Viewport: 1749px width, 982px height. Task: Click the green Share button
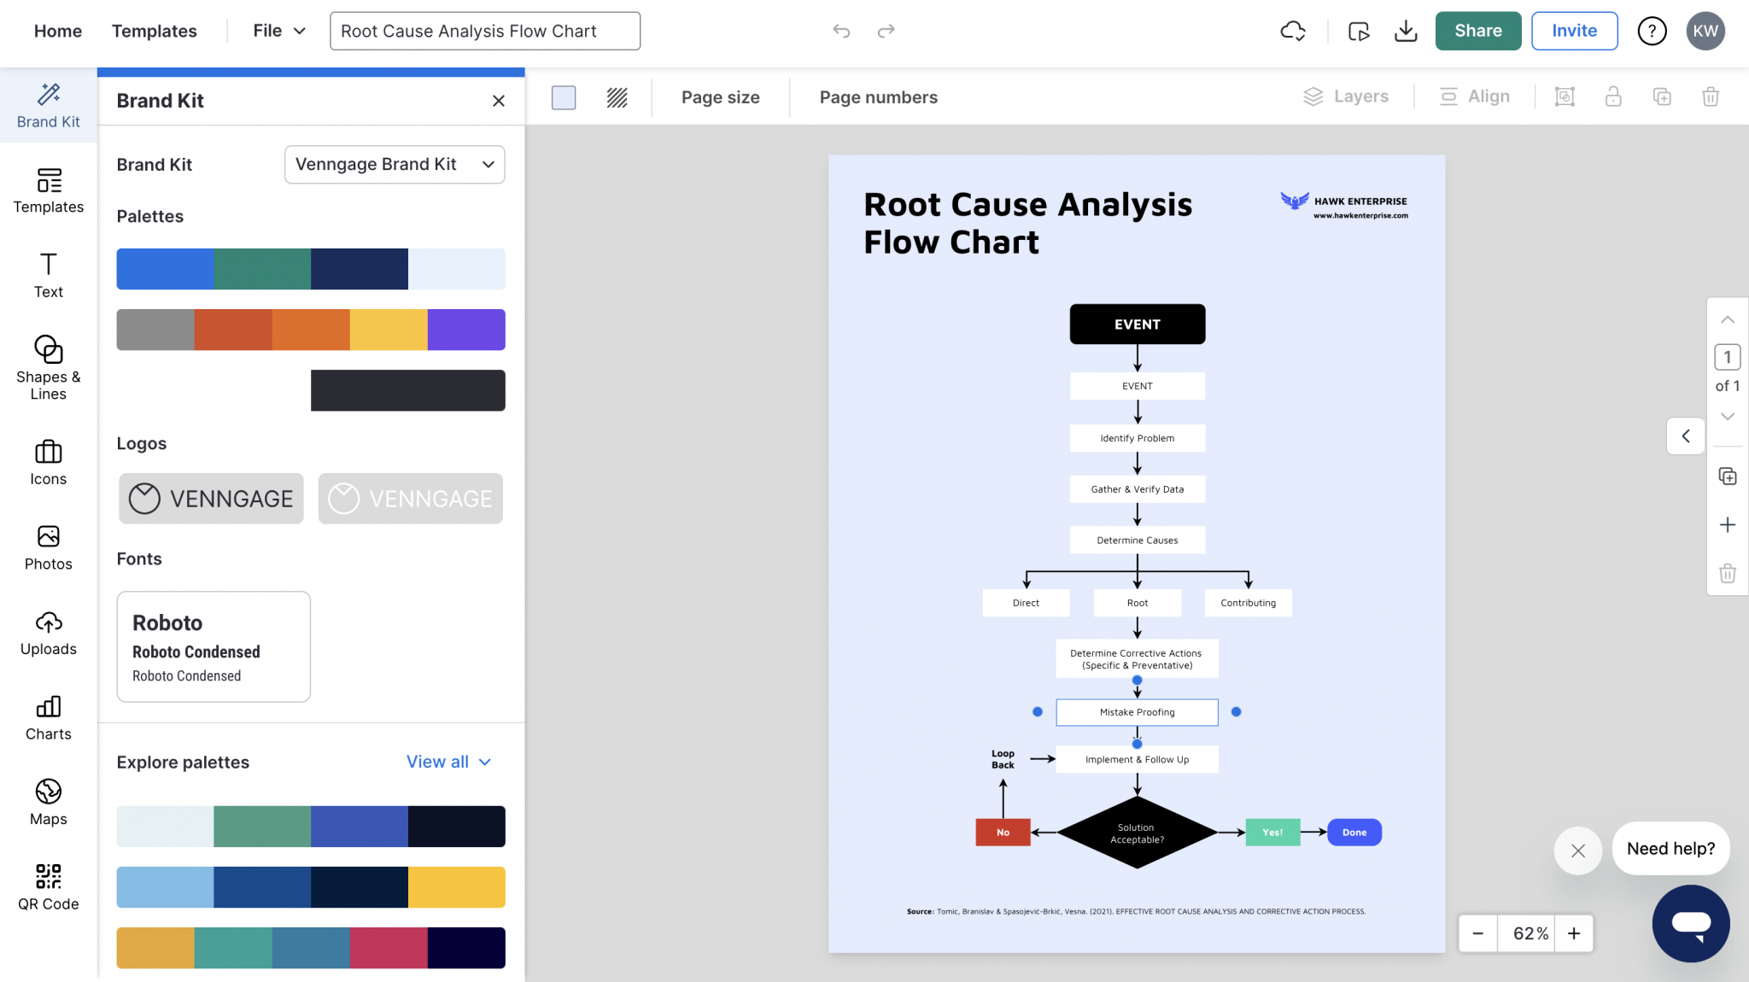(x=1477, y=31)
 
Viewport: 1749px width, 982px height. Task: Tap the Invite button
(x=1574, y=31)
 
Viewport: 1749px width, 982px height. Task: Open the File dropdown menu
(x=279, y=31)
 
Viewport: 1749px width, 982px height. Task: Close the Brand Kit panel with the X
(x=499, y=101)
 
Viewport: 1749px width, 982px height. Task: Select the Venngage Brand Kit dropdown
(x=394, y=164)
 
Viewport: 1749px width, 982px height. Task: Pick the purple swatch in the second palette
(x=466, y=330)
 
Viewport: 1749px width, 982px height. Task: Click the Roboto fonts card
(x=214, y=646)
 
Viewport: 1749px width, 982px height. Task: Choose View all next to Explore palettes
(x=448, y=762)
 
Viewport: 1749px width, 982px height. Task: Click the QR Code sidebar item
(x=49, y=887)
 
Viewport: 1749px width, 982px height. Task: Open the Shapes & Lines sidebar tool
(x=49, y=367)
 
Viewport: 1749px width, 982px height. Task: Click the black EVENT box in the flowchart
(x=1137, y=324)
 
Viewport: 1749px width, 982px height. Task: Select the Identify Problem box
(x=1137, y=438)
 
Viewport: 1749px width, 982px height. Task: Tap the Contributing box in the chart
(x=1248, y=603)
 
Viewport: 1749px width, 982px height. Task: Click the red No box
(x=1003, y=833)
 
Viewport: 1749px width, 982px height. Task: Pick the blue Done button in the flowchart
(x=1354, y=833)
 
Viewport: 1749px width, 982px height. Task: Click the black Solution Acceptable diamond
(x=1137, y=833)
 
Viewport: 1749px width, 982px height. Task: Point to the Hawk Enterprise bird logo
(x=1294, y=201)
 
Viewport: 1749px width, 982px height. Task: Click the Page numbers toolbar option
(x=878, y=97)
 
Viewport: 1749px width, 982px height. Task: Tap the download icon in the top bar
(x=1405, y=32)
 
